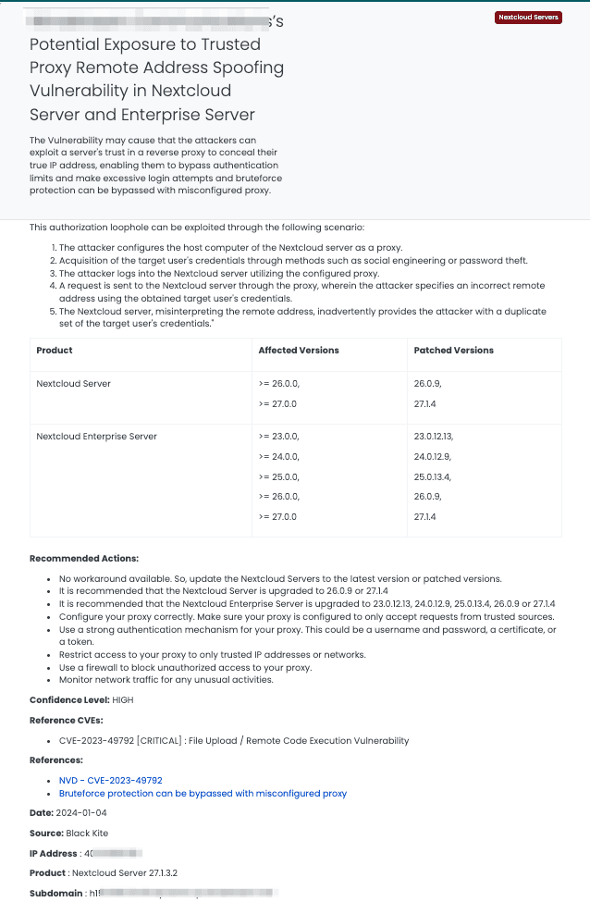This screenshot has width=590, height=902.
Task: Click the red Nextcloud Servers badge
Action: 529,18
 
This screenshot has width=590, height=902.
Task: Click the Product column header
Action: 55,351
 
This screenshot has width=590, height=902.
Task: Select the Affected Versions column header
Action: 299,351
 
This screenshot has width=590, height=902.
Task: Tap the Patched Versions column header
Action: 454,351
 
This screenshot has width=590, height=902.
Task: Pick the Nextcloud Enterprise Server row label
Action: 96,436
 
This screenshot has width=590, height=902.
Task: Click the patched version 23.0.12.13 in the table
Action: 440,436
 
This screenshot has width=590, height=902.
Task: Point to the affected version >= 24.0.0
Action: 279,456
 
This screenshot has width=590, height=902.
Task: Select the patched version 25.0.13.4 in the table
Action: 439,476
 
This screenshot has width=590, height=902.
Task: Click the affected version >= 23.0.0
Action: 279,436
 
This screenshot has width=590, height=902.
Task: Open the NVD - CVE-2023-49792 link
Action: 110,781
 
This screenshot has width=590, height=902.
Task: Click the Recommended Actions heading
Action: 84,559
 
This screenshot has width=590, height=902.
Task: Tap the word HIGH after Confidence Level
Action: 122,700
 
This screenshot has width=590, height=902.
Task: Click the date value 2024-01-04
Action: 82,812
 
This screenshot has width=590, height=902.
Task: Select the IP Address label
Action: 53,853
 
